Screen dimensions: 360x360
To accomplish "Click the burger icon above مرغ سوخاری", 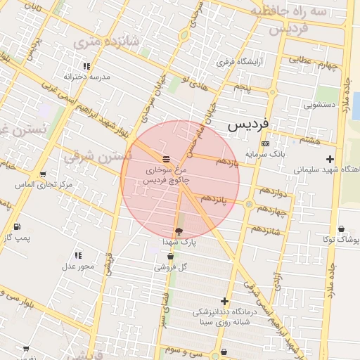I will tap(166, 157).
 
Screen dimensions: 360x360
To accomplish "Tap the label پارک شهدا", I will tap(179, 241).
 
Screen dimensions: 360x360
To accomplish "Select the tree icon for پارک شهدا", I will tap(179, 231).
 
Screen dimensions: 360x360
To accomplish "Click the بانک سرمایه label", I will tap(265, 153).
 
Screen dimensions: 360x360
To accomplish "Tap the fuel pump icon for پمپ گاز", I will tap(17, 226).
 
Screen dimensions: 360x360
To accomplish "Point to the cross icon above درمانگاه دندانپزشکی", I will tap(225, 301).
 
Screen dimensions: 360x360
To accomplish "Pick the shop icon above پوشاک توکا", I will tap(341, 229).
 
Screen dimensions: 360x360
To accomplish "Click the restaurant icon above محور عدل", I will tap(77, 255).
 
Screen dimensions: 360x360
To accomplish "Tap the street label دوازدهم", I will tap(272, 191).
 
